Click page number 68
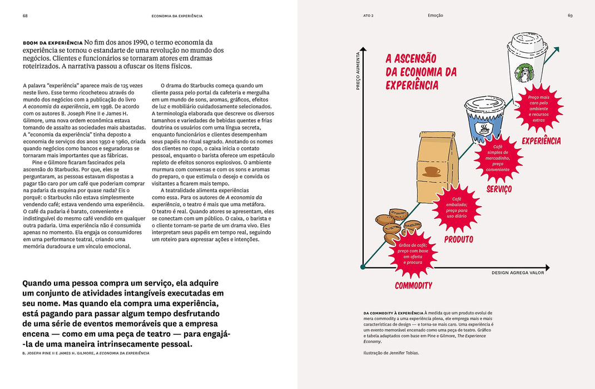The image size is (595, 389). click(x=25, y=16)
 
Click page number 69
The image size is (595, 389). click(x=570, y=16)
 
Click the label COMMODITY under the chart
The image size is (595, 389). click(x=413, y=286)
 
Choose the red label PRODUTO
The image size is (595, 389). click(x=459, y=240)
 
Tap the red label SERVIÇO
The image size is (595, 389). click(x=499, y=189)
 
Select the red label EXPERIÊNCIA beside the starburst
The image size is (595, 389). click(x=541, y=141)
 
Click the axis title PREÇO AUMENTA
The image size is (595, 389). click(x=358, y=71)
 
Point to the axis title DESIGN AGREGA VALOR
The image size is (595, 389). click(x=518, y=272)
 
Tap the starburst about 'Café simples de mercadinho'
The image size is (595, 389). click(x=498, y=158)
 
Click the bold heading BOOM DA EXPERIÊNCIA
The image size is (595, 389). click(x=52, y=43)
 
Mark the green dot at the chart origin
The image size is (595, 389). click(x=363, y=267)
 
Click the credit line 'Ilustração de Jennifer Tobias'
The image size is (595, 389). click(x=391, y=353)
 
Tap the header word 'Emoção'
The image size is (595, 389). click(x=435, y=16)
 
